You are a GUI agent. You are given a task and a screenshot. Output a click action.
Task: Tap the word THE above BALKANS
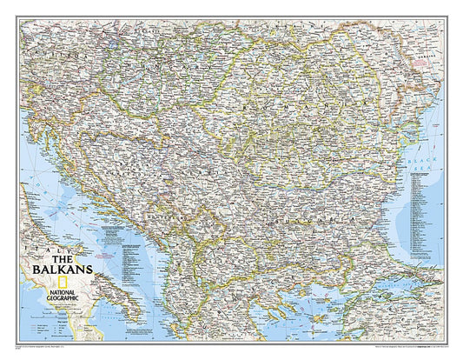60,258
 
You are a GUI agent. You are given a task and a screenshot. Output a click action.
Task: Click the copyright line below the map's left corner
52,345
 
